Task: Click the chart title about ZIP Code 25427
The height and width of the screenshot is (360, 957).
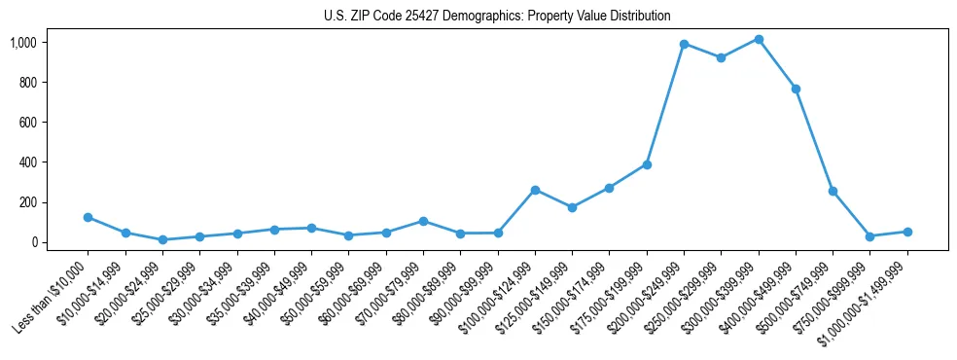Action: pyautogui.click(x=497, y=16)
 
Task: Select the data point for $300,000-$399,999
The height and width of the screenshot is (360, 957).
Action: pyautogui.click(x=759, y=40)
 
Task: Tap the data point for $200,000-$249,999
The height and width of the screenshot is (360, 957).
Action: pyautogui.click(x=684, y=44)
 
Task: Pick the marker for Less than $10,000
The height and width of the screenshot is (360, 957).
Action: pyautogui.click(x=88, y=217)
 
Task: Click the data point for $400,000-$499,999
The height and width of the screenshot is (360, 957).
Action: pyautogui.click(x=796, y=89)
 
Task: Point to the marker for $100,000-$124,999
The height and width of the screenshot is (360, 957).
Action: pyautogui.click(x=535, y=190)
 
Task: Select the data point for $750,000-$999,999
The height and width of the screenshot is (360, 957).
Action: pyautogui.click(x=870, y=236)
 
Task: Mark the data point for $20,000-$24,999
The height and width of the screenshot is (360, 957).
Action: pyautogui.click(x=162, y=239)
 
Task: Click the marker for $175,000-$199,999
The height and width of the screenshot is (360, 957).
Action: pyautogui.click(x=647, y=164)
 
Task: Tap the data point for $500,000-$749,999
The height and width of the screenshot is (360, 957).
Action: pyautogui.click(x=833, y=191)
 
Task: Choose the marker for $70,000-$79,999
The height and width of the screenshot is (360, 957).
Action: pyautogui.click(x=423, y=221)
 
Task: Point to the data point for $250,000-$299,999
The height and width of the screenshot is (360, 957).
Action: pyautogui.click(x=721, y=57)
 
